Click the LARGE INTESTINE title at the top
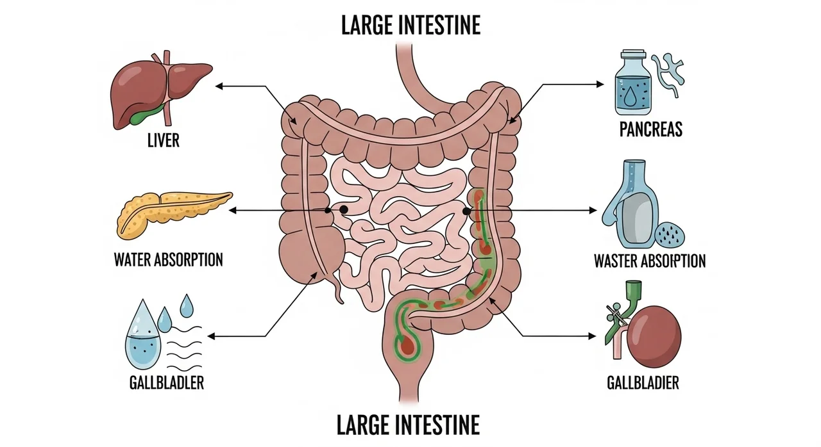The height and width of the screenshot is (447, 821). click(x=410, y=26)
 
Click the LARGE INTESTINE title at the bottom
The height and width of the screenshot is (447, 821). click(x=408, y=425)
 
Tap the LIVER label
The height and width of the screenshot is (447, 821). click(x=164, y=140)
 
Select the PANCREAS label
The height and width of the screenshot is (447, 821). click(x=650, y=130)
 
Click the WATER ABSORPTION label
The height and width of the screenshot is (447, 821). click(x=169, y=260)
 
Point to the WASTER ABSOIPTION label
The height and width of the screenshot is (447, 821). click(x=650, y=261)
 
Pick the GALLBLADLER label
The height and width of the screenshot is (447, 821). click(x=166, y=383)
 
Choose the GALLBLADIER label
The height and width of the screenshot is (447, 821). click(x=643, y=384)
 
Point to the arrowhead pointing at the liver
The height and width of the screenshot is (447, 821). click(x=219, y=85)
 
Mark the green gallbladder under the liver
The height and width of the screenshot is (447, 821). click(x=145, y=116)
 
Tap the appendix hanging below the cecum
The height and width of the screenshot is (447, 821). click(x=339, y=291)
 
